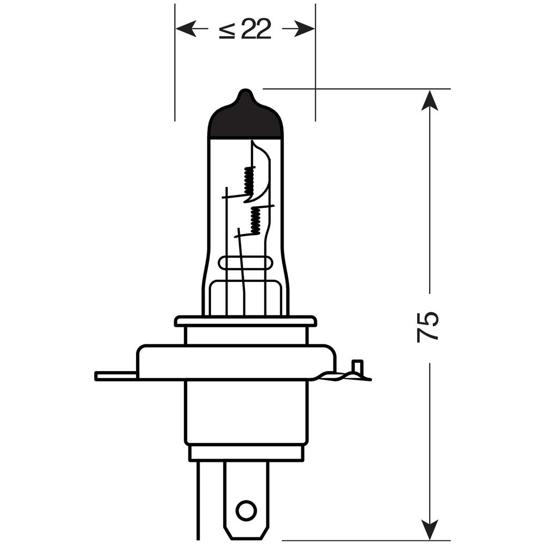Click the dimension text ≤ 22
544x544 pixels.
pyautogui.click(x=245, y=29)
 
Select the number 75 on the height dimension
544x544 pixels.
pyautogui.click(x=428, y=326)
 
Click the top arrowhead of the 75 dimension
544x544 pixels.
pyautogui.click(x=430, y=100)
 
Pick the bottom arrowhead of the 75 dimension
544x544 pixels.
pyautogui.click(x=430, y=530)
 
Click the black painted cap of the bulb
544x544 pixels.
pyautogui.click(x=245, y=123)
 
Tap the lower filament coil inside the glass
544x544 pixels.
pyautogui.click(x=255, y=221)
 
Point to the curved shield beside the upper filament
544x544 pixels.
pyautogui.click(x=263, y=174)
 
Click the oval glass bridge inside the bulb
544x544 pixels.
pyautogui.click(x=245, y=263)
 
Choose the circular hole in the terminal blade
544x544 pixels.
pyautogui.click(x=246, y=510)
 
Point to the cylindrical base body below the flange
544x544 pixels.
pyautogui.click(x=246, y=412)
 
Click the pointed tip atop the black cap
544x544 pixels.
pyautogui.click(x=246, y=93)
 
